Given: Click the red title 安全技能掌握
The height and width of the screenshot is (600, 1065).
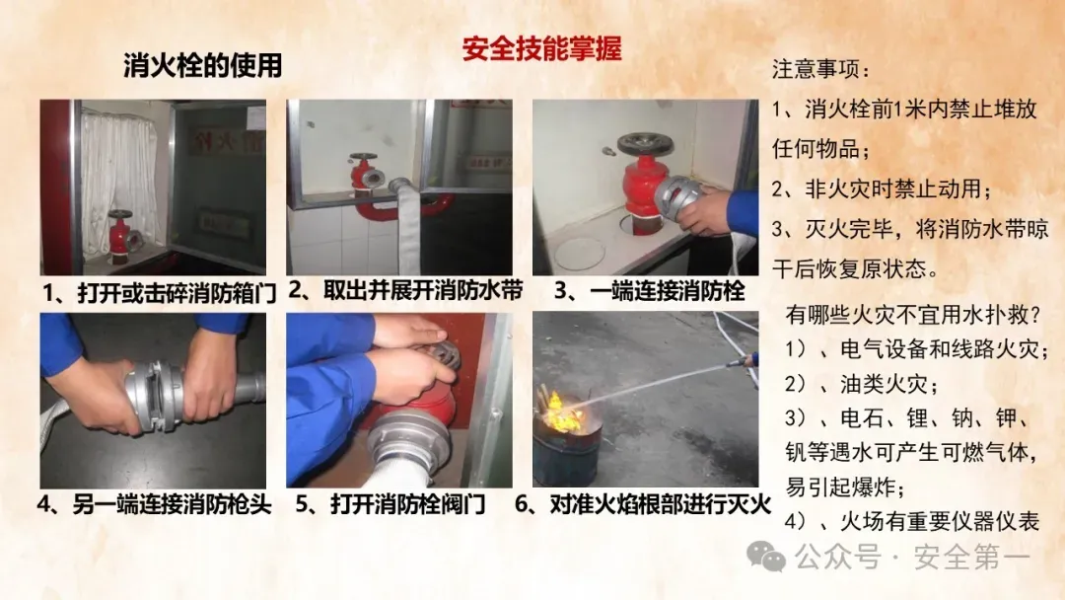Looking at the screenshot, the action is (541, 49).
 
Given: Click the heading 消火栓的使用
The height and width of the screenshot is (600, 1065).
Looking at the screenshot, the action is (202, 66).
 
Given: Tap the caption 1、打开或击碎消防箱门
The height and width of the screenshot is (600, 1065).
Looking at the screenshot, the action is (160, 293).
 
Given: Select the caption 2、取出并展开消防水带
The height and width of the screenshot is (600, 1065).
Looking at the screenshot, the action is (405, 290).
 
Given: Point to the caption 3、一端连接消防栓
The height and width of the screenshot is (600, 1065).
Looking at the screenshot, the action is (649, 291).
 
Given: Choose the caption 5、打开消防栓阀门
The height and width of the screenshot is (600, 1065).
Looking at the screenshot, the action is (390, 504).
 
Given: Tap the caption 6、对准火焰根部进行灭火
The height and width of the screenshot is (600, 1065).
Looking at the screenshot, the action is (643, 504).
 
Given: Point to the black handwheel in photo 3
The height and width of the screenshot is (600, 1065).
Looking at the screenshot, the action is (645, 144).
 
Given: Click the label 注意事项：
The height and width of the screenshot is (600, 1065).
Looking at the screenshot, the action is (820, 69).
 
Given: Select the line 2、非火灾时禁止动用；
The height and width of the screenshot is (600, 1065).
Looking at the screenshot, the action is (882, 188).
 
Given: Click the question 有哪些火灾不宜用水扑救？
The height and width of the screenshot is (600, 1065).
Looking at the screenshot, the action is (913, 315).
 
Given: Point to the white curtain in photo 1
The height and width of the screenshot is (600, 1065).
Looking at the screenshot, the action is (119, 174).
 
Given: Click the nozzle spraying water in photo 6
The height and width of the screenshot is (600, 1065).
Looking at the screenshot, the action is (744, 360).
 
